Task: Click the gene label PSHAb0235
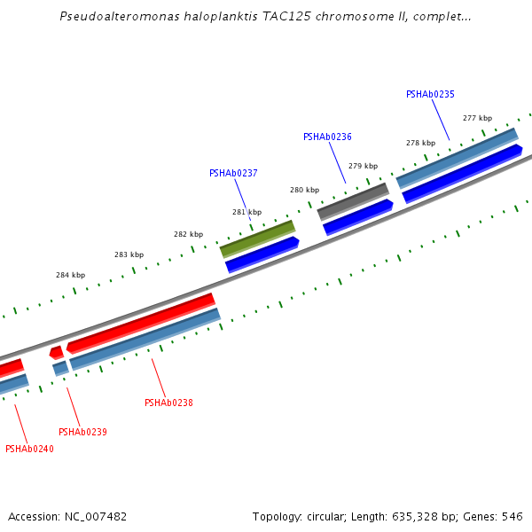pyautogui.click(x=430, y=94)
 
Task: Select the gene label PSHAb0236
pyautogui.click(x=327, y=137)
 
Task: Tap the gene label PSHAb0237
pyautogui.click(x=233, y=173)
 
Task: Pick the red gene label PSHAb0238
pyautogui.click(x=168, y=403)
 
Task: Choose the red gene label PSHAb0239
pyautogui.click(x=82, y=432)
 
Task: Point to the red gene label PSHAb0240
pyautogui.click(x=29, y=449)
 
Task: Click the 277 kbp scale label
pyautogui.click(x=477, y=118)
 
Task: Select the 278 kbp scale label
pyautogui.click(x=420, y=143)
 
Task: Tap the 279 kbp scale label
pyautogui.click(x=363, y=166)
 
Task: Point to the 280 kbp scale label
pyautogui.click(x=304, y=190)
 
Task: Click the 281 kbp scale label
pyautogui.click(x=246, y=212)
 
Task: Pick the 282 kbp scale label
pyautogui.click(x=188, y=234)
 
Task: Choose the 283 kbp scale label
pyautogui.click(x=129, y=254)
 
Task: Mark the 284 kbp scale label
pyautogui.click(x=70, y=275)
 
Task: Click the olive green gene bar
pyautogui.click(x=257, y=239)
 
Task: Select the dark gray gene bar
pyautogui.click(x=353, y=201)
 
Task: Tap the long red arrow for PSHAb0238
pyautogui.click(x=142, y=322)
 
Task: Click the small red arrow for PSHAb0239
pyautogui.click(x=56, y=352)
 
